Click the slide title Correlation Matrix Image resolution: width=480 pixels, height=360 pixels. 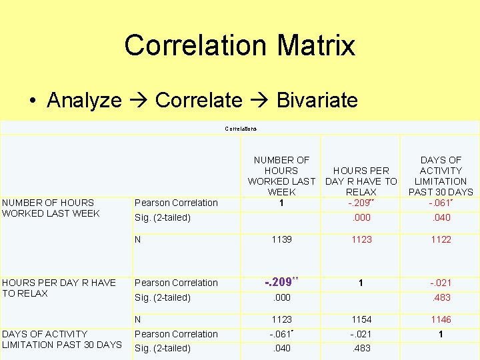(x=239, y=45)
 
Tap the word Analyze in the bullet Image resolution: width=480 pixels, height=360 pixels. (x=84, y=101)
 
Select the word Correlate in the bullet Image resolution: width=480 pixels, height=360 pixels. (x=198, y=101)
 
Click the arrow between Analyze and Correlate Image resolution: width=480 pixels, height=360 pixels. (x=139, y=101)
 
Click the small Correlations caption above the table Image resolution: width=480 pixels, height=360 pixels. (x=241, y=129)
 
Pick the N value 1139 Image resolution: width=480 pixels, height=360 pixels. (x=281, y=239)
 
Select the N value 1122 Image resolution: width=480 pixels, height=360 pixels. (x=440, y=239)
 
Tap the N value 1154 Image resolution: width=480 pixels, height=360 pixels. (x=361, y=320)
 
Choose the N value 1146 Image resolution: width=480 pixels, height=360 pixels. (x=440, y=320)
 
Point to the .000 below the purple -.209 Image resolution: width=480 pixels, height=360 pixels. (x=281, y=297)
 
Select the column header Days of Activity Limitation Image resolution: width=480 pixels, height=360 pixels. (x=440, y=176)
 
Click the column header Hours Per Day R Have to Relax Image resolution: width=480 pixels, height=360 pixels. (x=361, y=181)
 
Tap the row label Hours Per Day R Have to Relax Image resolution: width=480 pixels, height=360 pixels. (x=58, y=288)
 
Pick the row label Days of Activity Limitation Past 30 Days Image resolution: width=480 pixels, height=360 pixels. (x=61, y=339)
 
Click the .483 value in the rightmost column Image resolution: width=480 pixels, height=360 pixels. (x=440, y=297)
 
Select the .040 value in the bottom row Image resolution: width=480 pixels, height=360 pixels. (x=281, y=348)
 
